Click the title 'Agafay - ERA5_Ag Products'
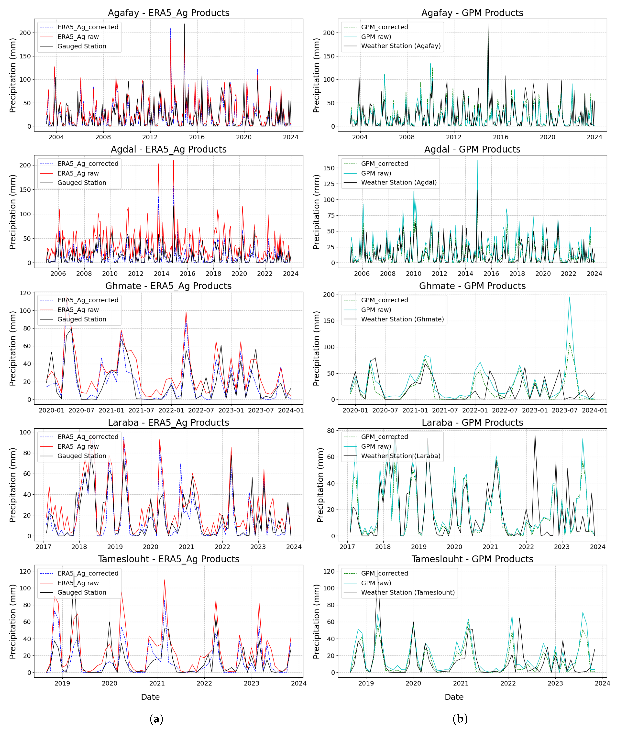[x=169, y=13]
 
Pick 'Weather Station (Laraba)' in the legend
[x=401, y=456]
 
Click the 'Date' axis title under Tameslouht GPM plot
[x=454, y=697]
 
